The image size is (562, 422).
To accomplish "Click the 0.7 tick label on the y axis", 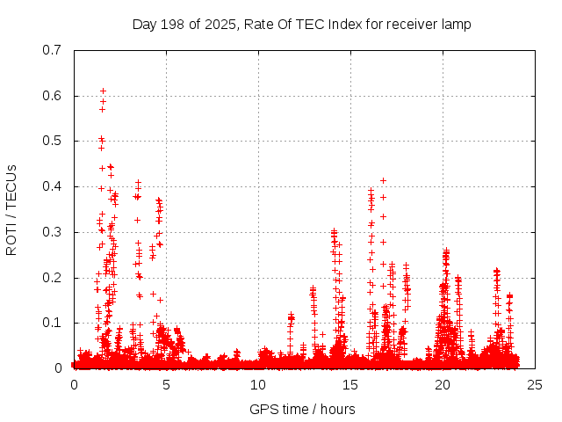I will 52,50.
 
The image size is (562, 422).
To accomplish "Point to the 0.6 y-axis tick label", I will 52,96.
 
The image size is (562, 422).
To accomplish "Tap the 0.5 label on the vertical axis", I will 52,142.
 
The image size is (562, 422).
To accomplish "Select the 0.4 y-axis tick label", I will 52,186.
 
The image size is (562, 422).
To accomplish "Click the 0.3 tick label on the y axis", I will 52,232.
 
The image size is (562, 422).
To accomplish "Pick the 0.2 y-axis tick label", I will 52,278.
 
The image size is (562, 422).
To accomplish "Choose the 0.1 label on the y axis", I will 52,323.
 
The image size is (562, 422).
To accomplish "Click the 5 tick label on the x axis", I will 166,385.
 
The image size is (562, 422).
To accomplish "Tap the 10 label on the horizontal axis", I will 258,385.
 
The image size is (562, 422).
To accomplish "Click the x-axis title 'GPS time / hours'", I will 302,409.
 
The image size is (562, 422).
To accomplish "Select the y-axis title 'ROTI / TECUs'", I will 12,209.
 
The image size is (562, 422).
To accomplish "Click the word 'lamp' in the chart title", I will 457,24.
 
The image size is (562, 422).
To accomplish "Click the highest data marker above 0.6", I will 103,91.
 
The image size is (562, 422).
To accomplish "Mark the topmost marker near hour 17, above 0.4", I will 383,180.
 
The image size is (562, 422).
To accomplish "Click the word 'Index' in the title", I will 346,24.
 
